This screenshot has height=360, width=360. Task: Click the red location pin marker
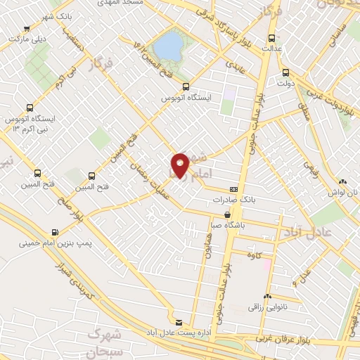coord(180,165)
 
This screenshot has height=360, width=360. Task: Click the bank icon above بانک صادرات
coord(233,189)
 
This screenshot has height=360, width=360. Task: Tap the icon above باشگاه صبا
coord(228,215)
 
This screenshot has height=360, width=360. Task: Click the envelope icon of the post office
coord(178,321)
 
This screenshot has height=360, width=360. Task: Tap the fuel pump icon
coord(55,232)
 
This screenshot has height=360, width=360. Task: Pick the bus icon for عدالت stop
coord(272,38)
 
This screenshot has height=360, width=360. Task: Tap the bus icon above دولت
coord(285,72)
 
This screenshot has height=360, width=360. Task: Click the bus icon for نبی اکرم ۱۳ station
coord(29,108)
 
